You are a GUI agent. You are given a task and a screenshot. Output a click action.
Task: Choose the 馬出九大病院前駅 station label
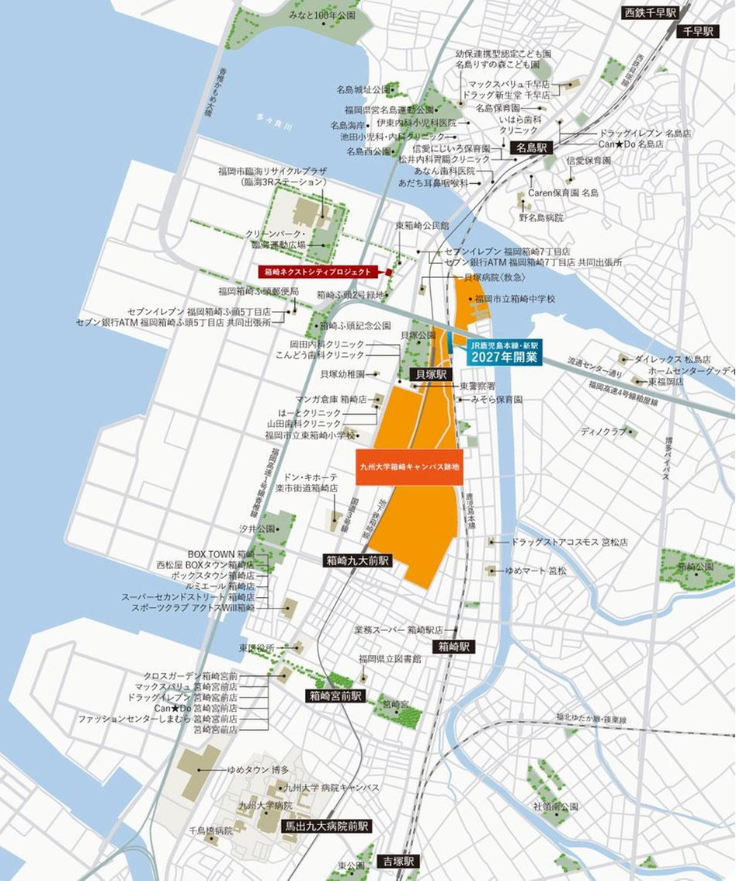[325, 827]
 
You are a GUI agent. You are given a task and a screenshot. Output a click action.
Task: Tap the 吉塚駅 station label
[399, 862]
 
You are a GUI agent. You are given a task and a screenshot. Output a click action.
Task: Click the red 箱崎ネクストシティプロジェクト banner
[318, 272]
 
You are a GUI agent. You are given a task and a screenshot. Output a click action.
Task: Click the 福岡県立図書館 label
[390, 659]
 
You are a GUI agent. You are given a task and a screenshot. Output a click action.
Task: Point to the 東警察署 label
[477, 386]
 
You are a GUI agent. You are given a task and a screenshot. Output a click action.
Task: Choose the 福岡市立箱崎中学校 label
[515, 299]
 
